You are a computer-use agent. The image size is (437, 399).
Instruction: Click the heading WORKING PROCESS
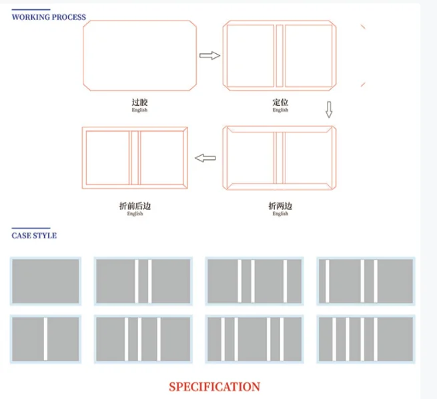tap(49, 17)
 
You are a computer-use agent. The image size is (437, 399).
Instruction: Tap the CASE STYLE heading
tap(34, 235)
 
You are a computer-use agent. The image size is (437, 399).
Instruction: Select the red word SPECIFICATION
tap(214, 386)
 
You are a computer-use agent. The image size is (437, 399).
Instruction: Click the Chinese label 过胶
tap(139, 103)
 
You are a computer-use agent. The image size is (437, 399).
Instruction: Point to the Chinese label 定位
tap(280, 103)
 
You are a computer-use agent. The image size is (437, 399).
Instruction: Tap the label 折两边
tap(280, 206)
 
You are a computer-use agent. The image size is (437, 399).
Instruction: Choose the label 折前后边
tap(135, 206)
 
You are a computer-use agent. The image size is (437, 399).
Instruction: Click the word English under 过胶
tap(139, 110)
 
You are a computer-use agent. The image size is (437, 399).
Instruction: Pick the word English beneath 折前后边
tap(135, 214)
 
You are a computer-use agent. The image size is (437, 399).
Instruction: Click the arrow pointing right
tap(209, 55)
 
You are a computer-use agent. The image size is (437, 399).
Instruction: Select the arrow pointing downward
tap(329, 110)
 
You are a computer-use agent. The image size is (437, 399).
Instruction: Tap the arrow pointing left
tap(205, 158)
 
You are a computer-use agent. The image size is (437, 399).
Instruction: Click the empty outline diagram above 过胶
tap(139, 55)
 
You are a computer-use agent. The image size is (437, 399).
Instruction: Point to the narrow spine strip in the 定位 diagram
tap(280, 56)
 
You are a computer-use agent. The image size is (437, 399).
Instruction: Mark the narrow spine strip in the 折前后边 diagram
tap(135, 157)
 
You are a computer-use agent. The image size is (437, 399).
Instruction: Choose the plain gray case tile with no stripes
tap(45, 281)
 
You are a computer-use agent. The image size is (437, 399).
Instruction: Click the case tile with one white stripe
tap(45, 340)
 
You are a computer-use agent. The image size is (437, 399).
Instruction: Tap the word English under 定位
tap(280, 110)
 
